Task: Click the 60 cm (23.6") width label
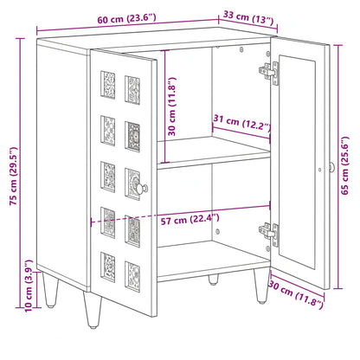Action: (x=126, y=19)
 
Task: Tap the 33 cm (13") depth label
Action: (x=248, y=18)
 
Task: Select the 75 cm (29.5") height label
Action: (x=14, y=177)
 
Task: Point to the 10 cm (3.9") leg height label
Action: (x=29, y=286)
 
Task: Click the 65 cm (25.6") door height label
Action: (x=345, y=165)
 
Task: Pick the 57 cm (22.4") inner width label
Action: (x=190, y=220)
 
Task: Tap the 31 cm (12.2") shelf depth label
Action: (x=242, y=123)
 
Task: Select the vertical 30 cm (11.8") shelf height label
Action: (x=171, y=106)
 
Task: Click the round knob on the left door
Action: (x=142, y=188)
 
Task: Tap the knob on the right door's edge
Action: (x=331, y=167)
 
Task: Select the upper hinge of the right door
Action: (x=269, y=72)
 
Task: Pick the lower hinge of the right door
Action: (x=269, y=233)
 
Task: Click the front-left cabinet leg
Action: (x=93, y=310)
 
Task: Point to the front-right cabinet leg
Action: (x=261, y=286)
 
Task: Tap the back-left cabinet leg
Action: (x=50, y=289)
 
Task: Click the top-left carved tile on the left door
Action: (x=108, y=85)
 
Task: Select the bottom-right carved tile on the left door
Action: (x=132, y=277)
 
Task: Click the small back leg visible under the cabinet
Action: (x=213, y=280)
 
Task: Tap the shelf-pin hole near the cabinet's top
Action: (x=241, y=49)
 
